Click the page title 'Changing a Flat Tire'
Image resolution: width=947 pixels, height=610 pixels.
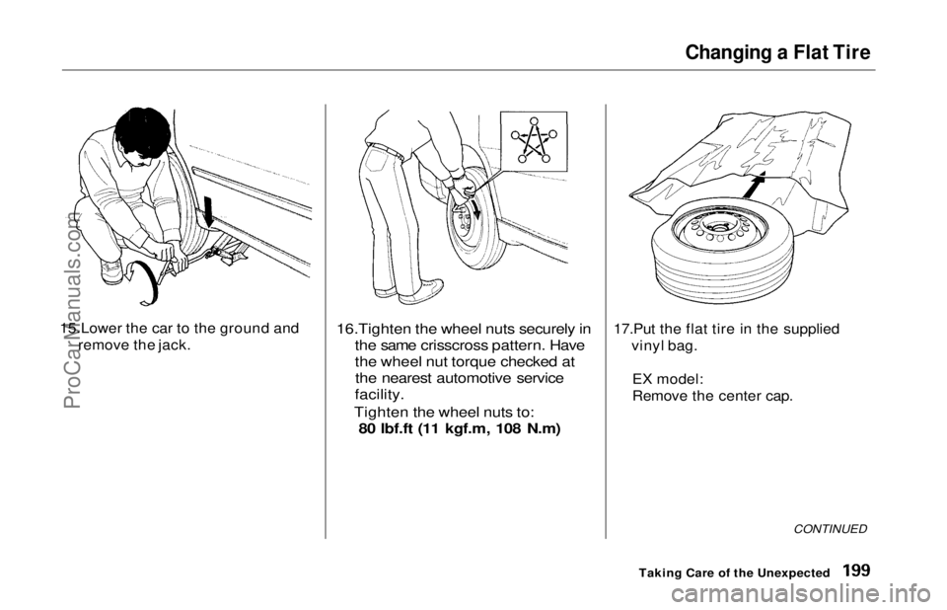pos(778,52)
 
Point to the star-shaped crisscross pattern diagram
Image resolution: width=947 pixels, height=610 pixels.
pos(533,139)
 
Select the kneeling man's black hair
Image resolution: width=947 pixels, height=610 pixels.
pos(143,134)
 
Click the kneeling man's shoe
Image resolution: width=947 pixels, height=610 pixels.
pos(111,271)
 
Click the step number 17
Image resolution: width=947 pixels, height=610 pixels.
pos(623,330)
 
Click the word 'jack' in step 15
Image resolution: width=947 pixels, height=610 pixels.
pos(171,346)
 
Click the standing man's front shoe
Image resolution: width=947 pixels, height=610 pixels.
pos(421,292)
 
